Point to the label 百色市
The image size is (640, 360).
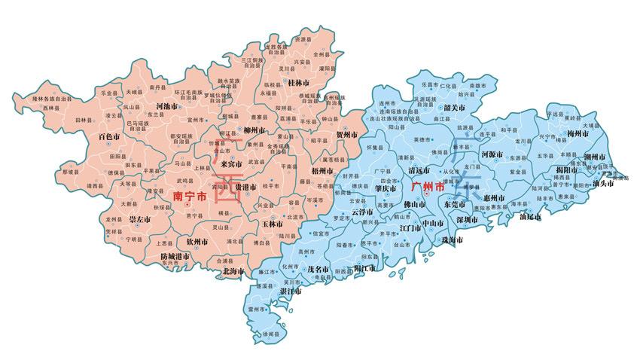tap(109, 137)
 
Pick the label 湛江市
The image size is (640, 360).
tap(291, 291)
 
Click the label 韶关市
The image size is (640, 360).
tap(453, 108)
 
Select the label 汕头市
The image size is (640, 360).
tap(606, 182)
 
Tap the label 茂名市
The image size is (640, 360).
tap(319, 268)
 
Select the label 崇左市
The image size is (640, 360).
tap(140, 219)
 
